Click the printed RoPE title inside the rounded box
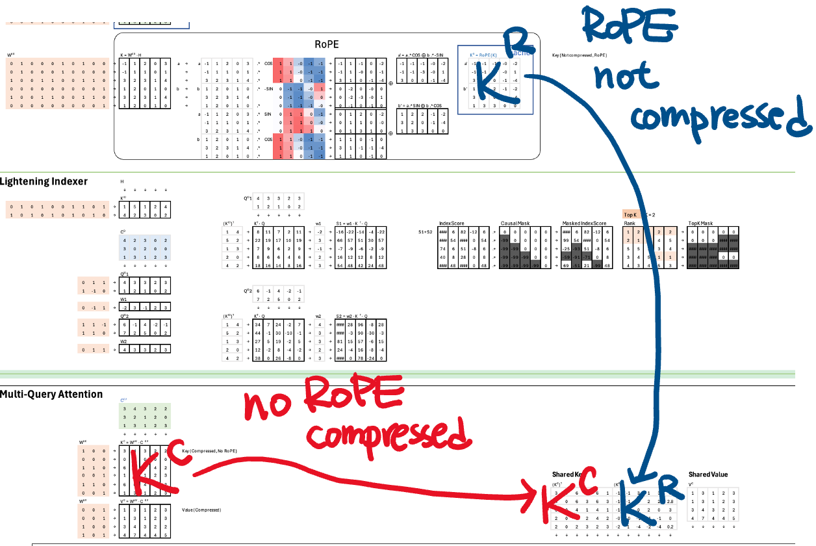327,44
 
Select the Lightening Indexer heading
44,181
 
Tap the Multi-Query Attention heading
51,394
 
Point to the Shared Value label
708,474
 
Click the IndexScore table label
452,223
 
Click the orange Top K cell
630,214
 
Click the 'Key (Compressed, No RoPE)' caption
209,450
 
